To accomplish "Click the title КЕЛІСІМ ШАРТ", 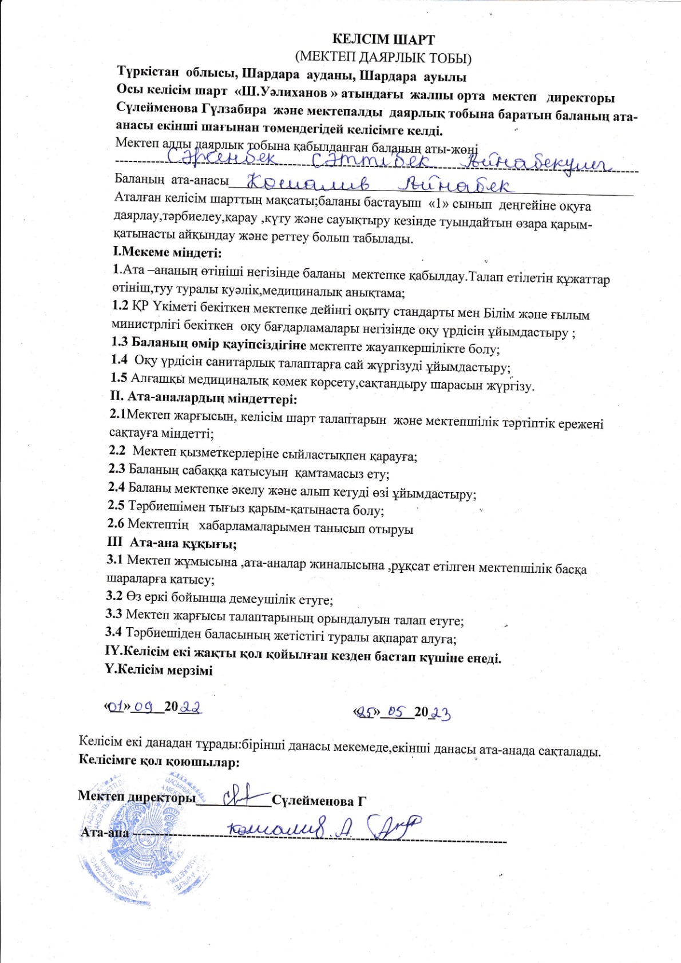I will coord(384,39).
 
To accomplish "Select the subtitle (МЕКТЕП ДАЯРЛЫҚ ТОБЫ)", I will coord(383,57).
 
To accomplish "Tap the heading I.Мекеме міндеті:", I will coord(167,252).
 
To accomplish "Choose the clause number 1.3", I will coord(119,343).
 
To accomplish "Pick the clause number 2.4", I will coord(116,488).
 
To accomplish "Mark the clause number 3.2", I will coord(114,596).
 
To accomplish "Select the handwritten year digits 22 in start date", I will coord(190,707).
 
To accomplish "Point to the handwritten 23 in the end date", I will coord(441,712).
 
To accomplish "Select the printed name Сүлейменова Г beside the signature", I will coord(319,800).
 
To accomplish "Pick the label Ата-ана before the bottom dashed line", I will coord(105,832).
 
